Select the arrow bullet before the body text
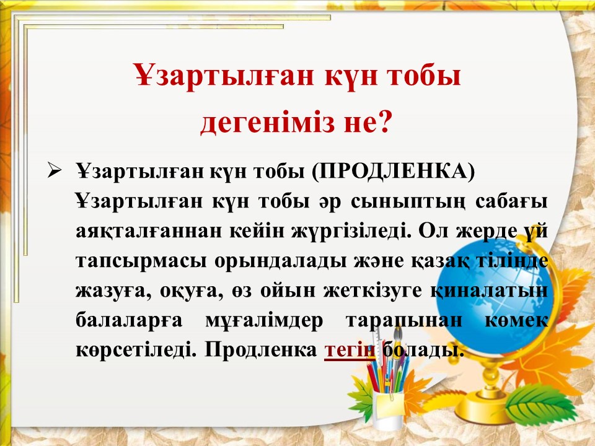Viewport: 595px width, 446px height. (55, 171)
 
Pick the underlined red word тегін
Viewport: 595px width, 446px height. (350, 349)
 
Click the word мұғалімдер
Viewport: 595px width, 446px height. (264, 320)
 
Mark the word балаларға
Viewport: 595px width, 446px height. (129, 320)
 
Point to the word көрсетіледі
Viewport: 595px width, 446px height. (136, 350)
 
